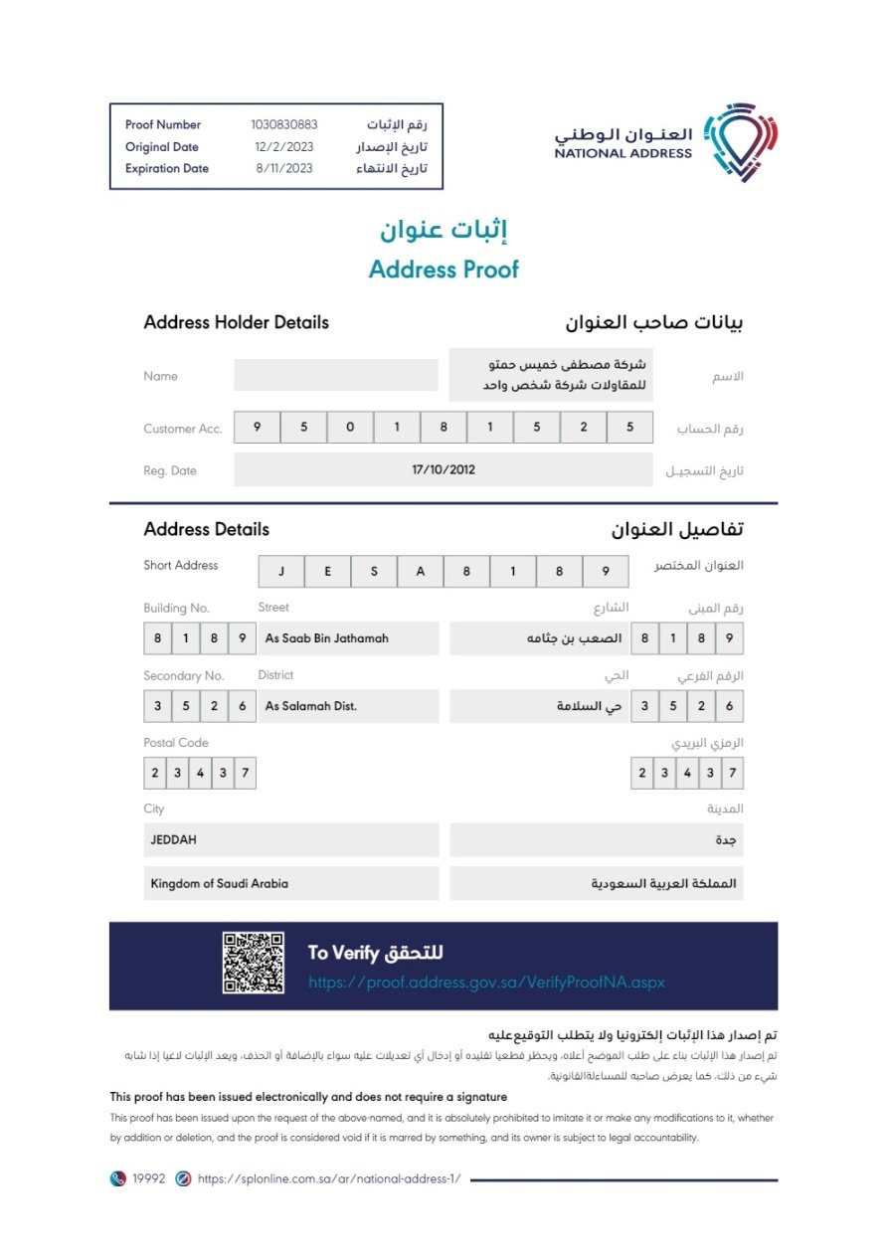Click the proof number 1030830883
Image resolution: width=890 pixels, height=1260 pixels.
(x=284, y=125)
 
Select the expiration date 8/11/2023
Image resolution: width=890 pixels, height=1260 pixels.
(x=284, y=169)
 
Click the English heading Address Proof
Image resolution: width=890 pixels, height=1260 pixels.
(x=444, y=270)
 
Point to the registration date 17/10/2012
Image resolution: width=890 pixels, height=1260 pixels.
(x=444, y=470)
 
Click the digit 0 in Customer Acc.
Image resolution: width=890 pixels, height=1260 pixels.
(x=350, y=428)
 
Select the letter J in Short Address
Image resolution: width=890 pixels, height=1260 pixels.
(x=282, y=572)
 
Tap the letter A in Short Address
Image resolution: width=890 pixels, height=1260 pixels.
(x=421, y=572)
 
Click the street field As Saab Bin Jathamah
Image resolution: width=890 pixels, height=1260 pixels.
(x=348, y=638)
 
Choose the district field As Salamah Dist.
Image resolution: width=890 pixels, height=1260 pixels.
(x=348, y=706)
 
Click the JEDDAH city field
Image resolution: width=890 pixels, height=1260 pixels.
(x=290, y=840)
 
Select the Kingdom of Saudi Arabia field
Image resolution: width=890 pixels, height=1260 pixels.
(x=290, y=883)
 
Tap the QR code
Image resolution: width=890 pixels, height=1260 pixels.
(x=254, y=963)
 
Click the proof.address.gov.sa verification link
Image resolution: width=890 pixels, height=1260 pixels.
(x=486, y=983)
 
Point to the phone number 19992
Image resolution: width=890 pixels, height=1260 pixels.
(x=148, y=1178)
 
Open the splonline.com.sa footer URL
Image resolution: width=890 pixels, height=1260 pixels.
(x=329, y=1178)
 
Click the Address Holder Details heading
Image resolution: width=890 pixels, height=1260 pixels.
(x=236, y=323)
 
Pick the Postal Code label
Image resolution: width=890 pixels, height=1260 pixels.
(x=176, y=743)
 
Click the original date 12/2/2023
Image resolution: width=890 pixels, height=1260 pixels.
(x=284, y=147)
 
